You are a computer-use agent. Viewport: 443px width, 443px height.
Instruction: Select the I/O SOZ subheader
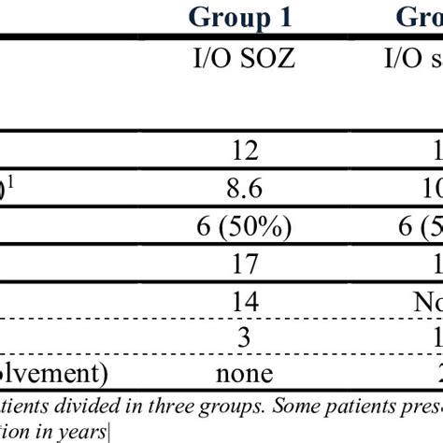[240, 62]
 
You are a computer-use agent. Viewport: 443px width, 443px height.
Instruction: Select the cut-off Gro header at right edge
[420, 16]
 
